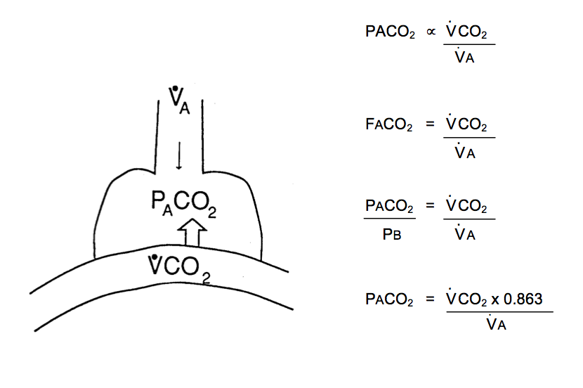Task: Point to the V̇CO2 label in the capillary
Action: tap(180, 268)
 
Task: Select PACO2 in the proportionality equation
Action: tap(389, 34)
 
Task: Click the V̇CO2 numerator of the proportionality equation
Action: tap(467, 32)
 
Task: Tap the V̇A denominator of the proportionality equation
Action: tap(466, 58)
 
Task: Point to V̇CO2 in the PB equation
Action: tap(467, 207)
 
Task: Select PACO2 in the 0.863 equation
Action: tap(389, 299)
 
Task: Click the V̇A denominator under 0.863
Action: tap(497, 324)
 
